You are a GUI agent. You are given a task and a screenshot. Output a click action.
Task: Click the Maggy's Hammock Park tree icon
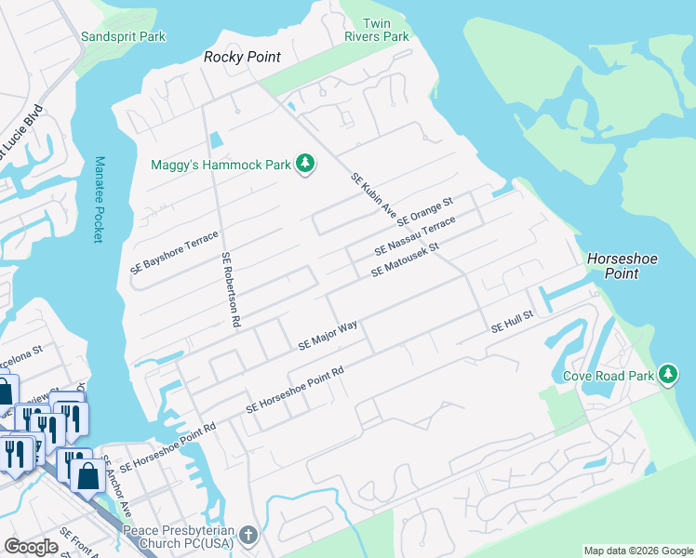304,165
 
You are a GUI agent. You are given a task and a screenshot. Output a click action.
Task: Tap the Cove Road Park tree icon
667,374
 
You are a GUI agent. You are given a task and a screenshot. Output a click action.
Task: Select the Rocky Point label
243,58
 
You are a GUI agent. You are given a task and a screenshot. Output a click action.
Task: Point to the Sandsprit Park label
123,36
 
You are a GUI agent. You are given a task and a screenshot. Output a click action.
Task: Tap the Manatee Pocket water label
99,199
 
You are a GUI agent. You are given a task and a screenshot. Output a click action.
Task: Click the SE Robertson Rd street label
231,290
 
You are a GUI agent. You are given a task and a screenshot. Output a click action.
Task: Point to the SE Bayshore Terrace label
176,251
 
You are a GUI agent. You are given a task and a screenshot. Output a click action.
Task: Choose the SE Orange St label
424,213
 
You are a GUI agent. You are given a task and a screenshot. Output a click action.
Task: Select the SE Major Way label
328,336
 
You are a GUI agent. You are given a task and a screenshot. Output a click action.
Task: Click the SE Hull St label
511,323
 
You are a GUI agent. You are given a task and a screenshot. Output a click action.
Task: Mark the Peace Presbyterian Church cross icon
248,535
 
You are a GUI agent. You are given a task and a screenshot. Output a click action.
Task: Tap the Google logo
32,547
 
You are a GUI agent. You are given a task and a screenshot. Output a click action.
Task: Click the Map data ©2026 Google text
637,551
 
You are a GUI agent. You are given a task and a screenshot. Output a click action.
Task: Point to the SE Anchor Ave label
117,486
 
